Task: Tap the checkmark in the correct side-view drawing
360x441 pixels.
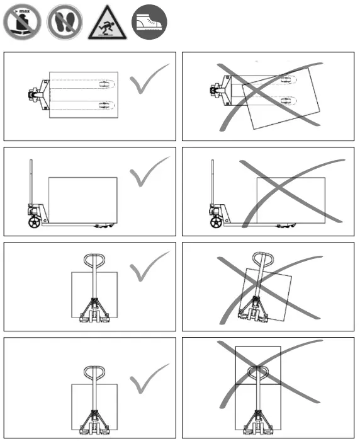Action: point(149,172)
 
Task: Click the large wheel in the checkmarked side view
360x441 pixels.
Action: point(35,221)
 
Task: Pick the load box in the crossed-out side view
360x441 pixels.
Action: point(291,200)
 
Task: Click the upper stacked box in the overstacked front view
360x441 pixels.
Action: point(257,365)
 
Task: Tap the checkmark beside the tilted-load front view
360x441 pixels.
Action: point(149,268)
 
